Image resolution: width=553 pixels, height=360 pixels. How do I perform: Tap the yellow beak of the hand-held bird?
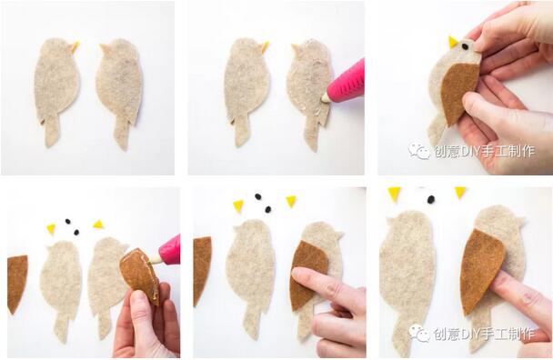pos(452,42)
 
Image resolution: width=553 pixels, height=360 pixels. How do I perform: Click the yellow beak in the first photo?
pos(75,45)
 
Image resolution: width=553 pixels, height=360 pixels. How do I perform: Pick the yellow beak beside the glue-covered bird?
pos(265,46)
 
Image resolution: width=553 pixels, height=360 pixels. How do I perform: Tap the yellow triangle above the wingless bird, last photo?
pos(394,194)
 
